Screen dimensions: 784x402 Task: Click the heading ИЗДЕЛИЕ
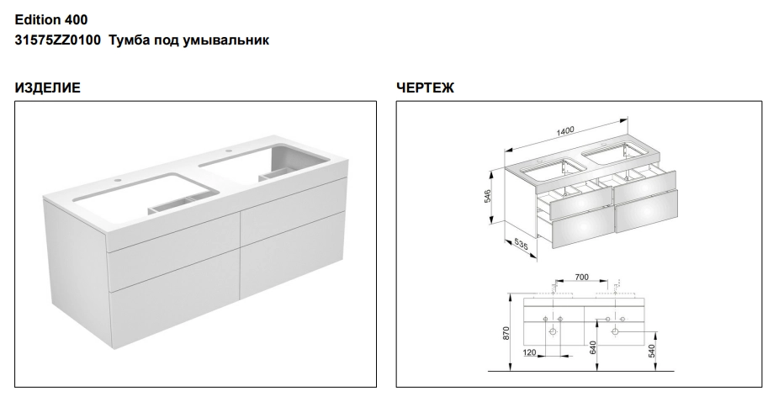click(47, 88)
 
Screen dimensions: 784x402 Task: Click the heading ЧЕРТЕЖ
click(425, 88)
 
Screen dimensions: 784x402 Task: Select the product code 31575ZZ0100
click(57, 40)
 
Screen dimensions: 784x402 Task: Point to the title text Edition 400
click(51, 20)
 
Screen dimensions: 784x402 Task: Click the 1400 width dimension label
click(565, 131)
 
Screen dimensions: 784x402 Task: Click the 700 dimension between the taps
click(581, 277)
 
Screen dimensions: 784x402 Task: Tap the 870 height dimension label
click(506, 334)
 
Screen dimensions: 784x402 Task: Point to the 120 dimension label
click(529, 352)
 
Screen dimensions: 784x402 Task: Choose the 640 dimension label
click(594, 347)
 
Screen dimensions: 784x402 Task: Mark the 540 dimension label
click(651, 351)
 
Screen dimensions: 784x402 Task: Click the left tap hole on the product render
click(118, 179)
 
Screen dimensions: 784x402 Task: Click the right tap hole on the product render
click(230, 151)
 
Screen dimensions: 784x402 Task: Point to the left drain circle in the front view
click(554, 331)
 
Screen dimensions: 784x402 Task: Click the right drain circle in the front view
click(616, 331)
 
